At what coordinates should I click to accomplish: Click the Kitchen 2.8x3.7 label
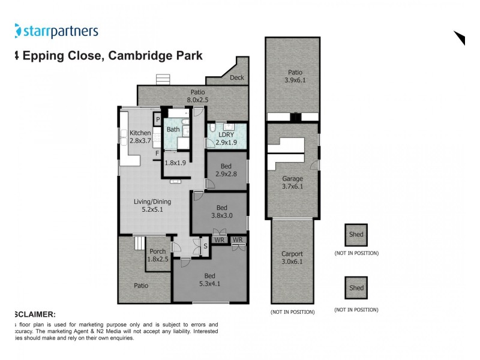coord(140,137)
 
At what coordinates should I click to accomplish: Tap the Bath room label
coord(173,130)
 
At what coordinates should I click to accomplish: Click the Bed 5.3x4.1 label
coord(209,281)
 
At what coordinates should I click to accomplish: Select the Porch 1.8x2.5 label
coord(158,256)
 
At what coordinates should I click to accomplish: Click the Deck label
coord(237,78)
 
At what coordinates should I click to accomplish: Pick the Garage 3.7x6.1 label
coord(293,182)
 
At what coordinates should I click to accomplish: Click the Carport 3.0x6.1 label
coord(292,257)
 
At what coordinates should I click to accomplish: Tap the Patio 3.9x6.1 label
coord(292,76)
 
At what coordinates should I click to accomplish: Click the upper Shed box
coord(356,235)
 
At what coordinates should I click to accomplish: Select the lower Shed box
coord(356,288)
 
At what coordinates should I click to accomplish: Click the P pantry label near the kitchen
coord(158,119)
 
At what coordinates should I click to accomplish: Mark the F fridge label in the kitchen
coord(157,154)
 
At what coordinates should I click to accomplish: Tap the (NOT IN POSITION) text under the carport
coord(292,312)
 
